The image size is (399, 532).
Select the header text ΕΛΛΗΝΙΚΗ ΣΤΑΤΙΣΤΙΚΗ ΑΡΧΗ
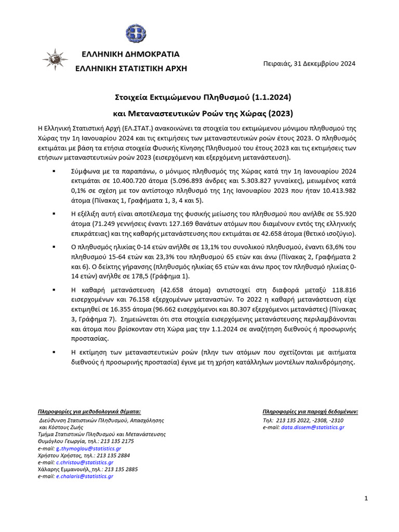[x=131, y=68]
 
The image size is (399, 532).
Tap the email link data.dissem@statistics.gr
[x=313, y=427]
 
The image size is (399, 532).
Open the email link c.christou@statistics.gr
[x=85, y=462]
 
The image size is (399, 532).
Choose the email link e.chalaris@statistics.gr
[x=85, y=476]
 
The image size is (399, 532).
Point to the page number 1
[x=366, y=499]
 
